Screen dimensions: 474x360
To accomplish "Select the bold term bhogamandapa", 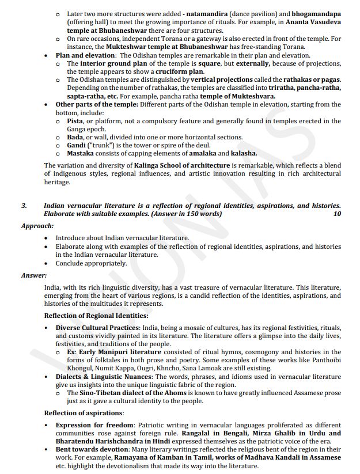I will point(316,12).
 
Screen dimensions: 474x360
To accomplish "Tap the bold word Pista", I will point(75,121).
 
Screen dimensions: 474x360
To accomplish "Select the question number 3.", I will point(24,206).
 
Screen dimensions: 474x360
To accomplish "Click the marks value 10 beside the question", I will point(337,214).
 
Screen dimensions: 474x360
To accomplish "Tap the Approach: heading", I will point(37,226).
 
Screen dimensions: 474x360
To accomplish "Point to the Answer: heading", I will point(34,275).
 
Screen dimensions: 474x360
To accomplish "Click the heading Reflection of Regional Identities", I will point(96,316).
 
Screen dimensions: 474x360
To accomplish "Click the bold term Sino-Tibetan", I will point(104,393).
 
